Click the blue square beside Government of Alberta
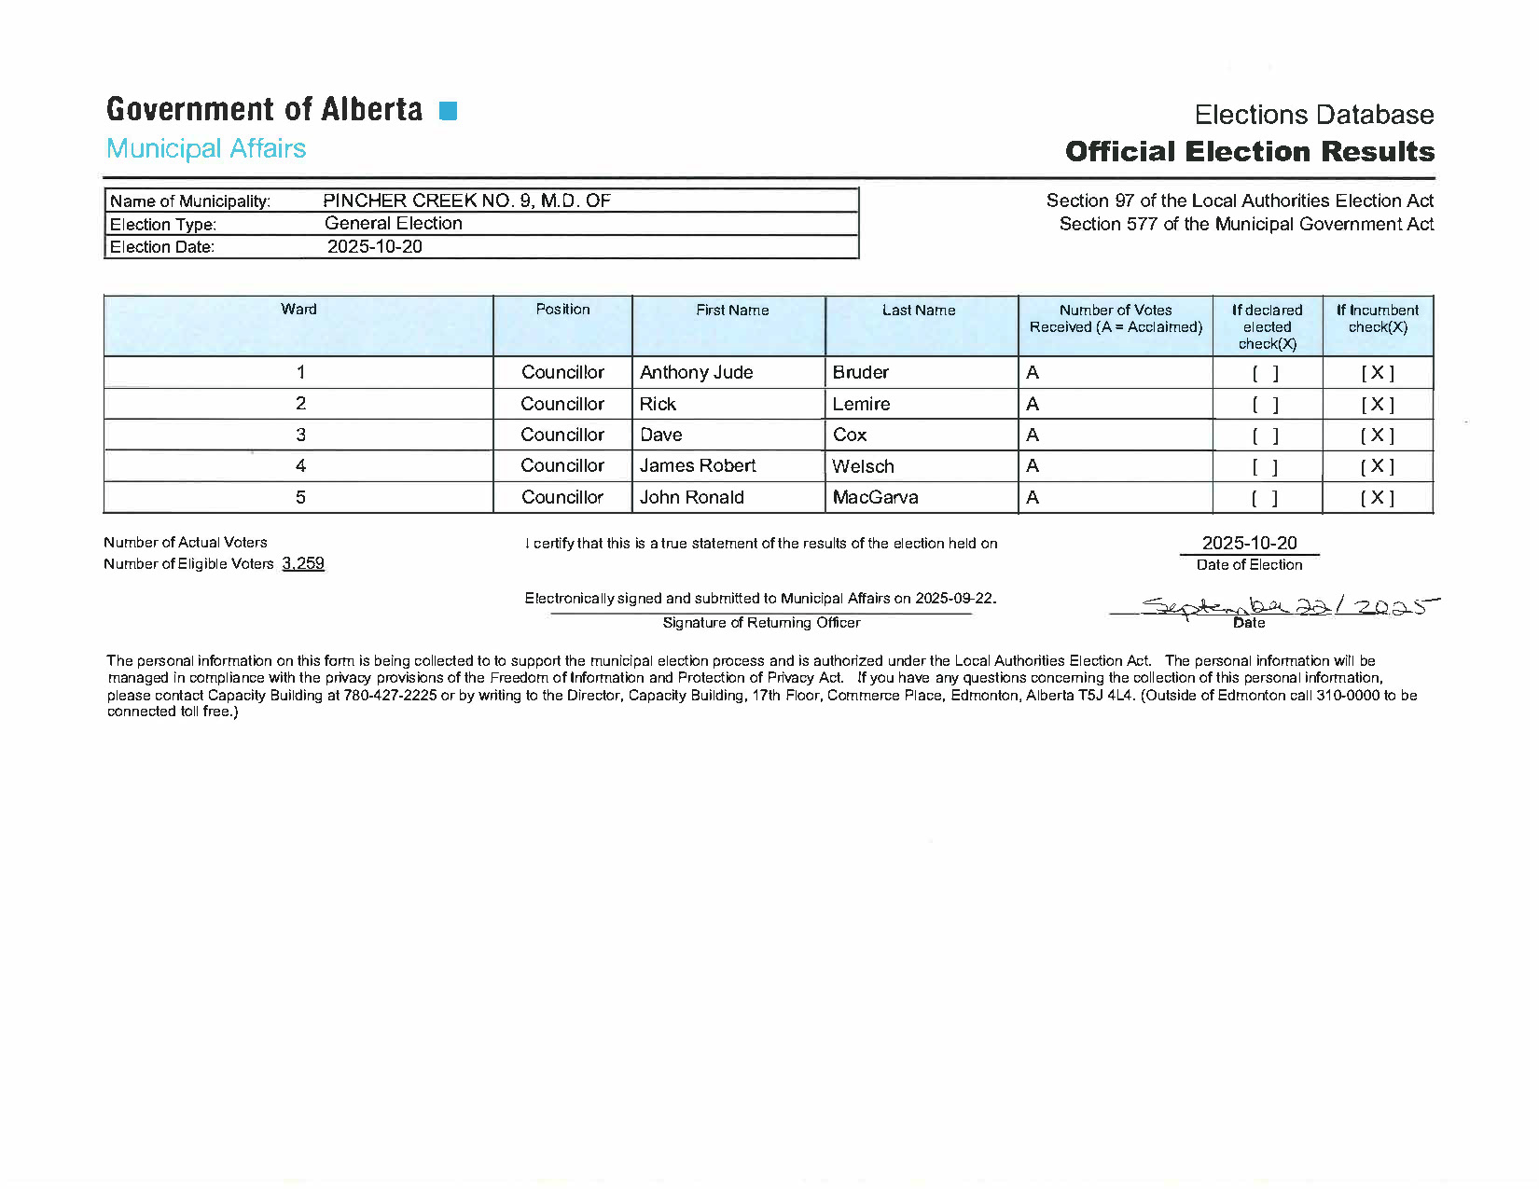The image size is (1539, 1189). [x=448, y=111]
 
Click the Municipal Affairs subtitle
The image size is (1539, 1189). [x=206, y=148]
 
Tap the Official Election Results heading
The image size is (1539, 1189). [x=1249, y=151]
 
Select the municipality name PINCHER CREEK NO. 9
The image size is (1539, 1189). [x=466, y=200]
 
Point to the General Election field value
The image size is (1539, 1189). [x=394, y=223]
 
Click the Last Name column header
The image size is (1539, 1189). [x=919, y=311]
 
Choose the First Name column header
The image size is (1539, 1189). [x=732, y=311]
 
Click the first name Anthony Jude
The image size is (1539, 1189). [x=696, y=372]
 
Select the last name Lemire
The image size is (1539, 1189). [x=861, y=404]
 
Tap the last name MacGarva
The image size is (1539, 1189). [x=875, y=497]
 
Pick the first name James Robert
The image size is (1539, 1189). [x=698, y=465]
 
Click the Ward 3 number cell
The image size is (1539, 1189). [x=300, y=435]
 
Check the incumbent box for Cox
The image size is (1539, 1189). [x=1377, y=436]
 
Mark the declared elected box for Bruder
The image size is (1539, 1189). [x=1266, y=373]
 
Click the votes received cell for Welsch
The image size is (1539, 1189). [x=1033, y=466]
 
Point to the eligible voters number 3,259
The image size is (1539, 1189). [x=303, y=563]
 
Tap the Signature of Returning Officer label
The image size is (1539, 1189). [x=761, y=623]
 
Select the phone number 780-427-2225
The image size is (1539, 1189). [x=390, y=695]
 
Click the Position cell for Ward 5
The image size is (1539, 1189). [x=562, y=497]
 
